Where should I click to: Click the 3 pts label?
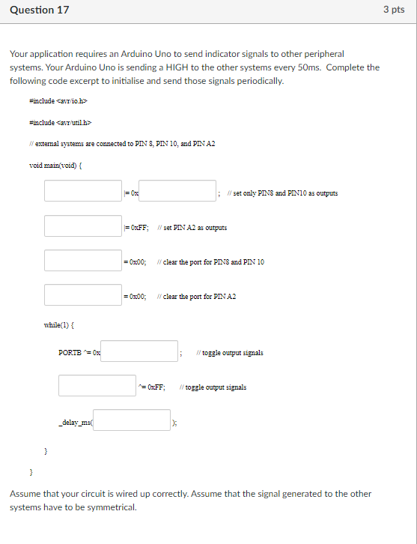pyautogui.click(x=393, y=10)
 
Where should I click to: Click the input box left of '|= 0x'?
pyautogui.click(x=82, y=191)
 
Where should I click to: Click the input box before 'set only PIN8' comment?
pyautogui.click(x=177, y=191)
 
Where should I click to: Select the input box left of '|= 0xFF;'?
pyautogui.click(x=82, y=226)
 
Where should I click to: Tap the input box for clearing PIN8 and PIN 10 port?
pyautogui.click(x=82, y=261)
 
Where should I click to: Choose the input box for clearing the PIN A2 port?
pyautogui.click(x=82, y=295)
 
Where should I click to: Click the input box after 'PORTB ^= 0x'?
pyautogui.click(x=139, y=351)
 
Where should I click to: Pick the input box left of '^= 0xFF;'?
pyautogui.click(x=97, y=386)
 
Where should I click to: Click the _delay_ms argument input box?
pyautogui.click(x=132, y=420)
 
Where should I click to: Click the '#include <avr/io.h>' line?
pyautogui.click(x=58, y=100)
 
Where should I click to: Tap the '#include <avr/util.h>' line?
pyautogui.click(x=59, y=123)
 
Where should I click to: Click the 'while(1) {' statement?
pyautogui.click(x=59, y=325)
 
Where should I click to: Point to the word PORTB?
pyautogui.click(x=70, y=352)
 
